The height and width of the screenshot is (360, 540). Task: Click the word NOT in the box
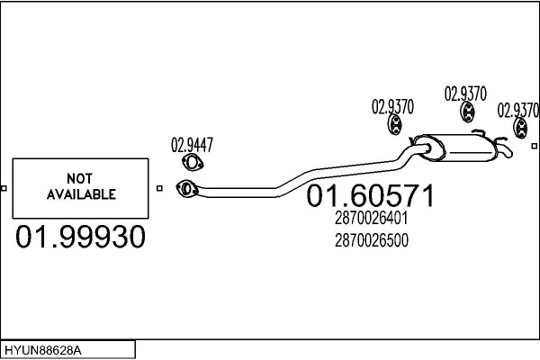(x=80, y=178)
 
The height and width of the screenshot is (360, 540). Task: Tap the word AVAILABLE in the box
(x=80, y=193)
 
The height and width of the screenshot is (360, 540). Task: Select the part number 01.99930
(x=80, y=238)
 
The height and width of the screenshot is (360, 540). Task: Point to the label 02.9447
(x=193, y=145)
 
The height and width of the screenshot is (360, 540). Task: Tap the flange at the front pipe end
(x=187, y=189)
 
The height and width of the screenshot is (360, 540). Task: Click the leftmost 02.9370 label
(x=393, y=106)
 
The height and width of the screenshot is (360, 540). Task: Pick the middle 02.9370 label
(x=466, y=93)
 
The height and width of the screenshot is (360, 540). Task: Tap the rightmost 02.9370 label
(x=519, y=110)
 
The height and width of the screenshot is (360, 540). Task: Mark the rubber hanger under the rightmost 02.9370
(x=520, y=131)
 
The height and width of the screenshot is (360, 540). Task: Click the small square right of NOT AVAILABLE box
(x=159, y=188)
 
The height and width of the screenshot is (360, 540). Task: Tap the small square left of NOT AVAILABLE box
(x=4, y=188)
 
